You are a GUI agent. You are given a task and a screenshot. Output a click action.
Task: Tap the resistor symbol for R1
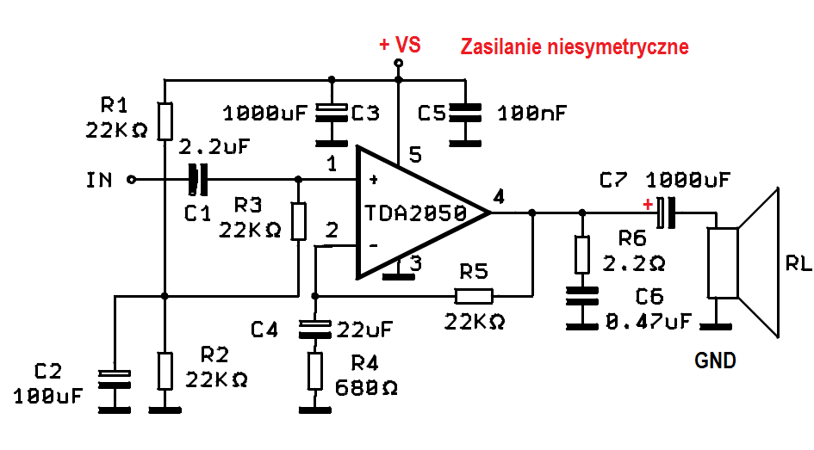(165, 121)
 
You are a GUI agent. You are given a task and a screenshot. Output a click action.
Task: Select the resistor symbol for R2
(165, 371)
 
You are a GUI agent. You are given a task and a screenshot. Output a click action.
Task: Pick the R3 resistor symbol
(298, 221)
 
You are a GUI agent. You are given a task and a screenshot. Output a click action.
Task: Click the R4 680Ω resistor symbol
(314, 371)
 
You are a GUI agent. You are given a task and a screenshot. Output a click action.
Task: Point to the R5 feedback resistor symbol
(474, 296)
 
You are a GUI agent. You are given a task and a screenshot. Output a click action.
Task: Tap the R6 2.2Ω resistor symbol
(582, 255)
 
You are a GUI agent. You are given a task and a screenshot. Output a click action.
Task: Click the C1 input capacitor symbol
(198, 179)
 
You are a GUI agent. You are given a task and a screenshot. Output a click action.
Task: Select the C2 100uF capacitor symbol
(115, 379)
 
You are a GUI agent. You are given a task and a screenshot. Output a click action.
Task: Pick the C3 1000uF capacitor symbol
(332, 113)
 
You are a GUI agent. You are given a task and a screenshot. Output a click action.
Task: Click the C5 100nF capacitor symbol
(465, 113)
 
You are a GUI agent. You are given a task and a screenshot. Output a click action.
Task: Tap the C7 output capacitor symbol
(666, 213)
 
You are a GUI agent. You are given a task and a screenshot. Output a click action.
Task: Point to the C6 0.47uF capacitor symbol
(582, 296)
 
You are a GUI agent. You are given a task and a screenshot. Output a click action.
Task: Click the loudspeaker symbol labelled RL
(743, 262)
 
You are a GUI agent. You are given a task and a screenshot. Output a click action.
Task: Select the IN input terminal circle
(131, 179)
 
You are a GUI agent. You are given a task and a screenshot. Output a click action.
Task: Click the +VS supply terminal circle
(398, 64)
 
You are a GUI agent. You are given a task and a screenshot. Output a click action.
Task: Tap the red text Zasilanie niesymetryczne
(575, 46)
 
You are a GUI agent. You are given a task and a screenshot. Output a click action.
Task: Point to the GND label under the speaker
(715, 360)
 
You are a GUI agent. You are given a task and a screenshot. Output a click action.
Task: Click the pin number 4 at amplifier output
(499, 197)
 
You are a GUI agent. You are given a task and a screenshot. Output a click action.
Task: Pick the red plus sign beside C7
(648, 204)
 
